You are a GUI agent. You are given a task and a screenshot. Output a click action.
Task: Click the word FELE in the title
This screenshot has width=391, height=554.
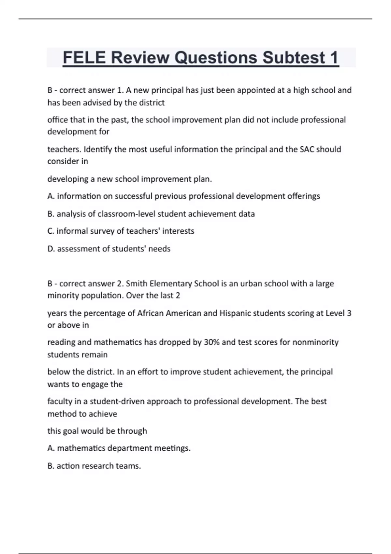84,58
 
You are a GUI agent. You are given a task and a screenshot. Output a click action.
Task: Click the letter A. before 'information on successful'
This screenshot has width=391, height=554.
51,196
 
